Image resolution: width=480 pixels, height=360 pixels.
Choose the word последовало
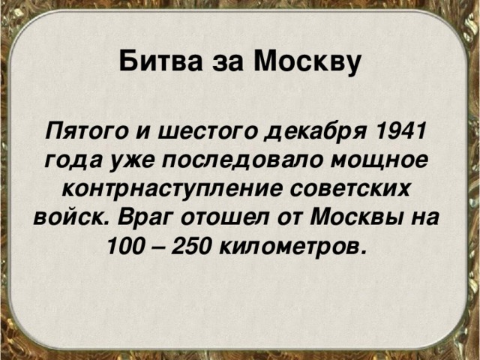(225, 160)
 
